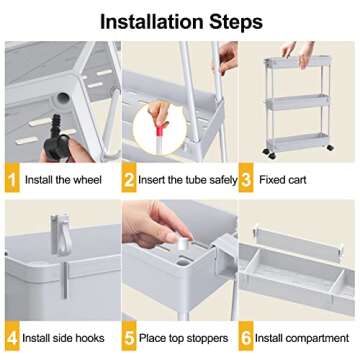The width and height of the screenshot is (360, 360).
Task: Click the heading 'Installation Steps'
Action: (180, 20)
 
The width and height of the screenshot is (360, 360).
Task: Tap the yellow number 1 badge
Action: (11, 181)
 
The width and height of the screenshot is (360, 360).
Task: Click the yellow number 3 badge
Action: (250, 181)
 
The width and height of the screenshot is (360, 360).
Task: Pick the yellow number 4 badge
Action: (11, 338)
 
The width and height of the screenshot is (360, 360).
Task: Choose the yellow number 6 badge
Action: (250, 338)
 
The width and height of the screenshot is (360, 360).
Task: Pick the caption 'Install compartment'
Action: (305, 338)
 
